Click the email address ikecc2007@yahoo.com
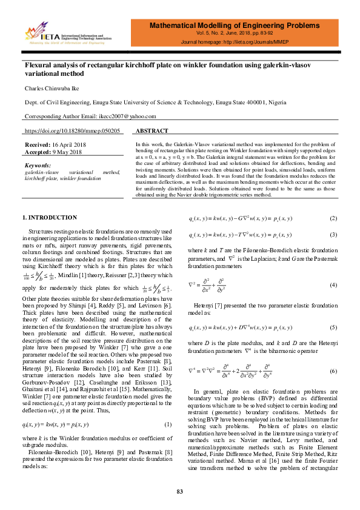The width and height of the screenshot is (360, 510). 115,116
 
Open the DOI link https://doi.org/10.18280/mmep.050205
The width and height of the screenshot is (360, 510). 72,131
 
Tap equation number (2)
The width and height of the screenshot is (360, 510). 333,218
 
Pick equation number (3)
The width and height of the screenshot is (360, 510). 333,234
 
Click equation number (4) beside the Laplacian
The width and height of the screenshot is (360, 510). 333,284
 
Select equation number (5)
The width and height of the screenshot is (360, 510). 333,328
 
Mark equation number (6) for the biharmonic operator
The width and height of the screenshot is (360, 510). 333,371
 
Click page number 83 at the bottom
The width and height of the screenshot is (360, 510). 179,491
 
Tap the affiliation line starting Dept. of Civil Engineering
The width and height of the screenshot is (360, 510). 150,102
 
